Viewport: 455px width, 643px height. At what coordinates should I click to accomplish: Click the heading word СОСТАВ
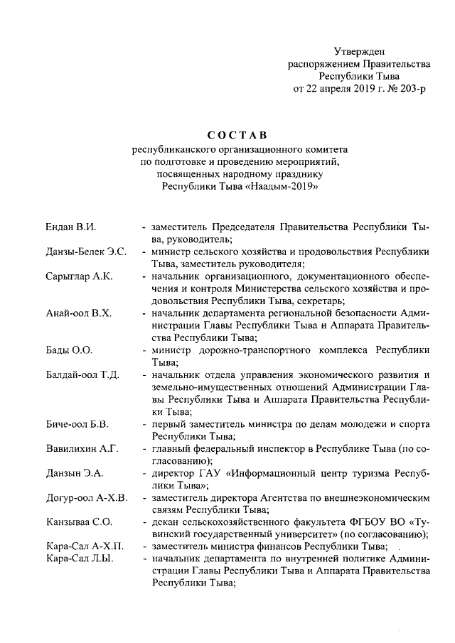237,135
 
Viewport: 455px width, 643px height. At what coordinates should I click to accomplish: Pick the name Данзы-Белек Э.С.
82,252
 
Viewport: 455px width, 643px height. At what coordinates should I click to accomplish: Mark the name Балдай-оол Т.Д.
80,375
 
